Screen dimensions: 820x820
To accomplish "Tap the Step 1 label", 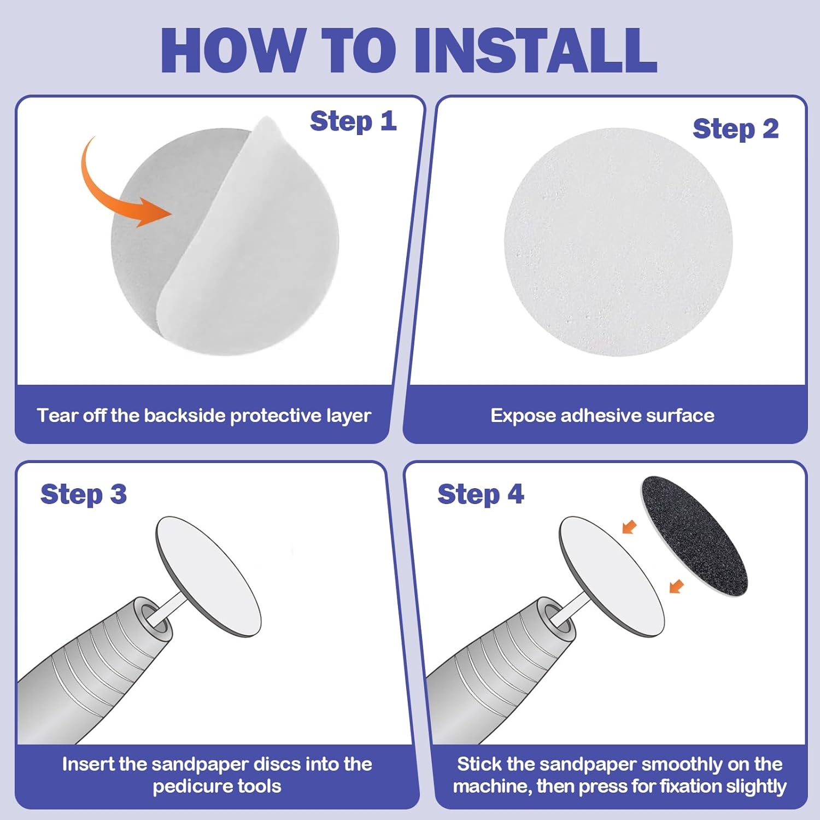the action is (353, 121).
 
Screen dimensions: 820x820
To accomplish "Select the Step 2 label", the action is (736, 129).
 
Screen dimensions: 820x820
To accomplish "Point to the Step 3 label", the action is (84, 494).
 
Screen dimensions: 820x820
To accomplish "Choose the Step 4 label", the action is (481, 494).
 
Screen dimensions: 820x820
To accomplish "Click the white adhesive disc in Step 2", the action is (618, 242).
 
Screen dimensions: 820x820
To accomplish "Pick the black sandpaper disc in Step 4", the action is (694, 536).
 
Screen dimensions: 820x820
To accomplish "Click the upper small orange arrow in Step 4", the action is (630, 527).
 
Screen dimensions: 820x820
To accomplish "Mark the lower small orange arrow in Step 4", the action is (677, 586).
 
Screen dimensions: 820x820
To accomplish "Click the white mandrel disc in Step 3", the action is (208, 576).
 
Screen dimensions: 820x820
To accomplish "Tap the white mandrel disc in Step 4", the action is (612, 576).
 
